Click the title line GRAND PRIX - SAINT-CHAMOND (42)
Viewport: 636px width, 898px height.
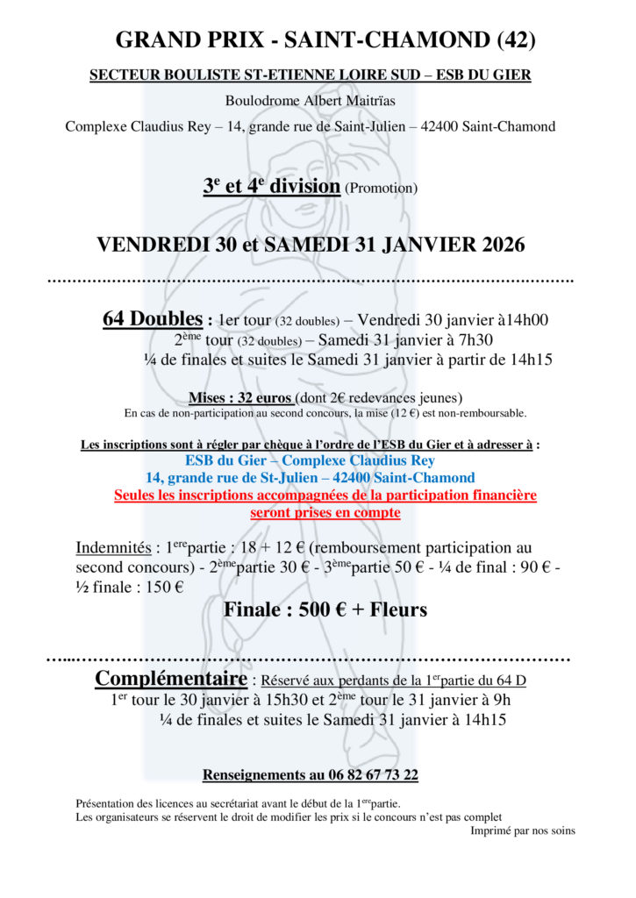325,39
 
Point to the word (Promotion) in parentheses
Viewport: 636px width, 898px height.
381,188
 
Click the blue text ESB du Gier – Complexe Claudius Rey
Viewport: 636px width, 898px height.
310,460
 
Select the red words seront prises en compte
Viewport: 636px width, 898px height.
325,512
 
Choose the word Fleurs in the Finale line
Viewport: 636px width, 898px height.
394,609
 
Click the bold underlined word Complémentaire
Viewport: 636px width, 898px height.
170,679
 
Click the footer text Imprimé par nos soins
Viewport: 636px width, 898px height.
523,830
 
